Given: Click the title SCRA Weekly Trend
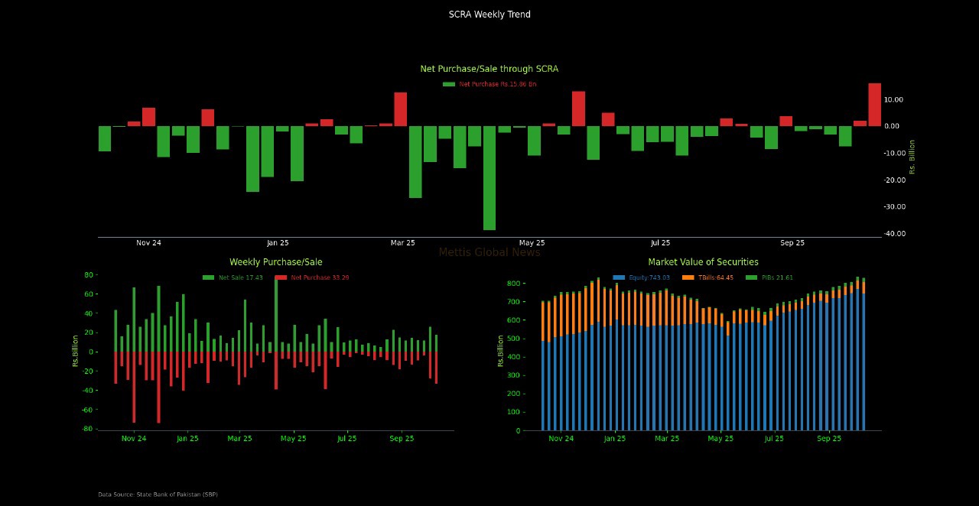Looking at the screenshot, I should coord(489,15).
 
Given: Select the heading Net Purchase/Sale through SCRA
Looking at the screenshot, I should coord(489,69).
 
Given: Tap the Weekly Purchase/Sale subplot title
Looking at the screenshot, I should coord(276,262).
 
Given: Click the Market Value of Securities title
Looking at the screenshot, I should coord(704,262).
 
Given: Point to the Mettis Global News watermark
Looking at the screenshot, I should coord(489,252).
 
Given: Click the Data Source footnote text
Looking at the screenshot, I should coord(158,495).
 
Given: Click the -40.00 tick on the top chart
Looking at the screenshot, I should coord(894,233).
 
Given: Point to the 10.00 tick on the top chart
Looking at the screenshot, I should coord(893,99).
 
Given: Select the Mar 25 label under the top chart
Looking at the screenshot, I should coord(403,243).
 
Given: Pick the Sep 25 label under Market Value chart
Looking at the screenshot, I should coord(829,439).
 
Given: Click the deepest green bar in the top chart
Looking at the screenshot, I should coord(489,177).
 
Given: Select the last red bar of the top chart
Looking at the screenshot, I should coord(874,105).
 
